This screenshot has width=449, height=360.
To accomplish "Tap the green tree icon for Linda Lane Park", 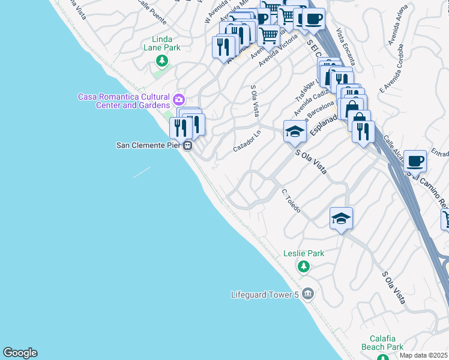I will point(161,60).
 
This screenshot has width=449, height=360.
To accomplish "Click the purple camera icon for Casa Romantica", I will point(178,100).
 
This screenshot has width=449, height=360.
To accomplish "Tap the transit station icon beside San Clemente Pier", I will point(188,145).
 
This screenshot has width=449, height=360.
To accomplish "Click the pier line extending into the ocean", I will point(142,172).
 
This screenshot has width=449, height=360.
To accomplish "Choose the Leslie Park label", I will point(304,253).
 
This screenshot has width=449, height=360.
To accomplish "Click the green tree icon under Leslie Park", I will point(304,266).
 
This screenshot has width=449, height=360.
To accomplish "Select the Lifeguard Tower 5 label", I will point(265,294).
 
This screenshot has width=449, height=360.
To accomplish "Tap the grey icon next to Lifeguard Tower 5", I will point(308,293).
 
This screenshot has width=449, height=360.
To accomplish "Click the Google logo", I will point(20,353).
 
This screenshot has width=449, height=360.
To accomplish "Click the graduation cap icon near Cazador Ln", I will point(295,131).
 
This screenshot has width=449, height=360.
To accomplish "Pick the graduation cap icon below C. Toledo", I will point(341,218).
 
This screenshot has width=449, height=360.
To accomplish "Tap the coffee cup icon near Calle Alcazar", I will point(415,161).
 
